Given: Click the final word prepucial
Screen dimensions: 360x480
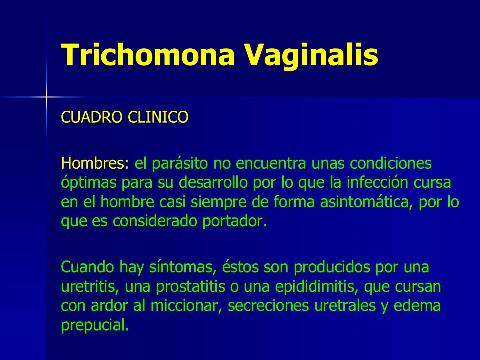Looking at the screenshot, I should (95, 325).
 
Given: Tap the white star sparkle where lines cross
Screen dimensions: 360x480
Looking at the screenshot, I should (46, 97).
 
